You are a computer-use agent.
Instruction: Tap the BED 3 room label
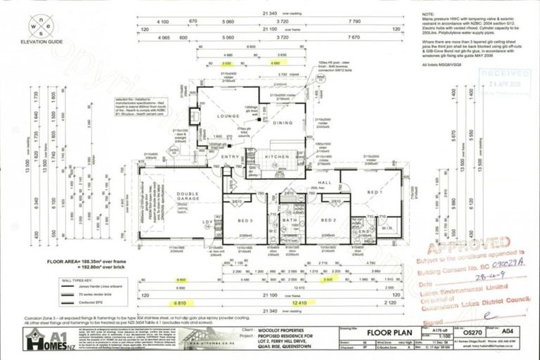click(x=236, y=220)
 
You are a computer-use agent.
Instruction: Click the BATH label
click(x=289, y=220)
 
